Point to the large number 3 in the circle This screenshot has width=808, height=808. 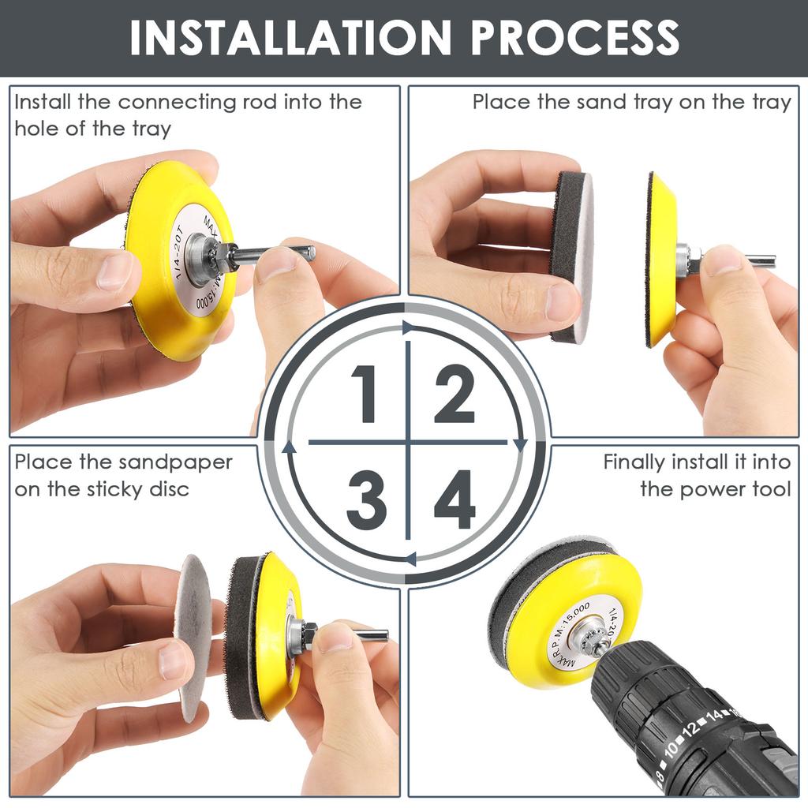click(365, 499)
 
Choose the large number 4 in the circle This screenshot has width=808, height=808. click(454, 499)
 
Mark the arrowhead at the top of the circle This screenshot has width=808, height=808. click(407, 327)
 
